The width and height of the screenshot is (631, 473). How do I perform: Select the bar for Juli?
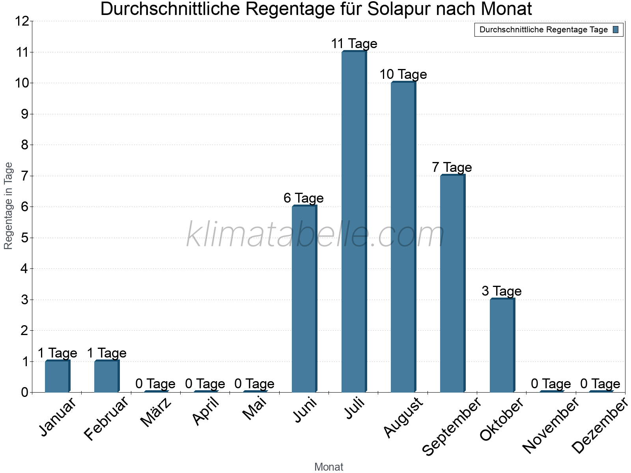pos(354,222)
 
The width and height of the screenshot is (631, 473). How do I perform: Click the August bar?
pos(403,237)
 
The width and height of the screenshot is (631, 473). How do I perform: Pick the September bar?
pos(452,283)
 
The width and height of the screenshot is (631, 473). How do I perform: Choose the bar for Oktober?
pos(502,345)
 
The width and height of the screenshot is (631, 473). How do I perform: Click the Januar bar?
pos(57,376)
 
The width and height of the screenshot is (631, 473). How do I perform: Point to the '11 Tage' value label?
pos(354,43)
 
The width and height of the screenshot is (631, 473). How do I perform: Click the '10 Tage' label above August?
pos(403,74)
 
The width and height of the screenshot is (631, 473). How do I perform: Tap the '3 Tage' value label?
pos(501,291)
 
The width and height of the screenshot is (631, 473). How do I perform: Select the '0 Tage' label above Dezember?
pos(600,384)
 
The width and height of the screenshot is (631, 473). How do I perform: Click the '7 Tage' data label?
pos(452,167)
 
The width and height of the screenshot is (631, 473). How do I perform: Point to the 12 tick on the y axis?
pos(22,21)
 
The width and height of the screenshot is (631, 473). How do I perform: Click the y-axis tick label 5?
pos(25,238)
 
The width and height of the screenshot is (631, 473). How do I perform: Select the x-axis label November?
pos(551,425)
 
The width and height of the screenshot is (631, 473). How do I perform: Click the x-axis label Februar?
pos(106,419)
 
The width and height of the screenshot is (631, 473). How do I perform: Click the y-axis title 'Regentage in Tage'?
pos(8,206)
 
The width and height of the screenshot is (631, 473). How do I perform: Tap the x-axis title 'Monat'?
pos(329,467)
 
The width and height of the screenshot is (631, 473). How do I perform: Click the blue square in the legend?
pos(616,30)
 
